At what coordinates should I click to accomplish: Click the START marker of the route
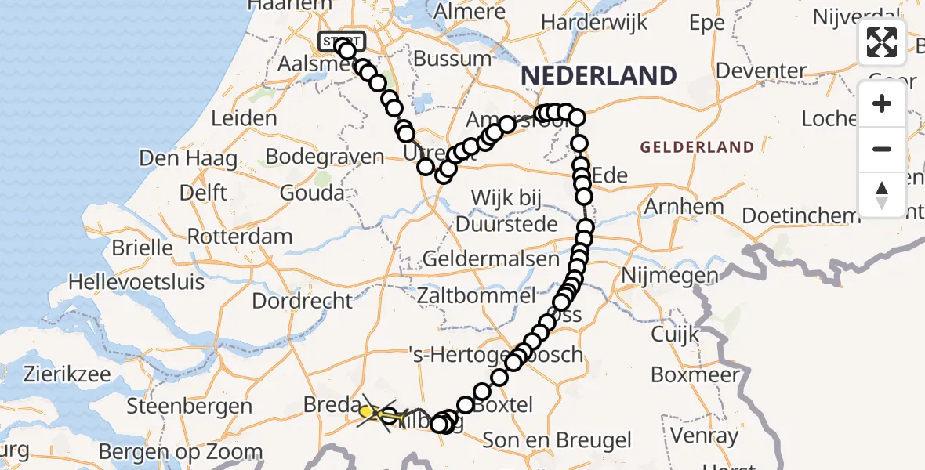pyautogui.click(x=341, y=41)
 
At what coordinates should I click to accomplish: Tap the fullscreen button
pyautogui.click(x=882, y=42)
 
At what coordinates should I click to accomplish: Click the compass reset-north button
pyautogui.click(x=882, y=194)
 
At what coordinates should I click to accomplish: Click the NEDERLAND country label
pyautogui.click(x=598, y=76)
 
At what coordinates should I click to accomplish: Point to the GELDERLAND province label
pyautogui.click(x=698, y=146)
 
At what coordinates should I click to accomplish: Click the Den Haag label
pyautogui.click(x=188, y=157)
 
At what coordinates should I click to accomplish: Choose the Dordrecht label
pyautogui.click(x=303, y=300)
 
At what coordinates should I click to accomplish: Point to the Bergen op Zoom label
pyautogui.click(x=181, y=451)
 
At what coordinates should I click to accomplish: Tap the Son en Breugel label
pyautogui.click(x=556, y=439)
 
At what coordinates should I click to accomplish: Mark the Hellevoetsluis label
pyautogui.click(x=136, y=281)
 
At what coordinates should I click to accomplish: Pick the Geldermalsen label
pyautogui.click(x=491, y=258)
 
